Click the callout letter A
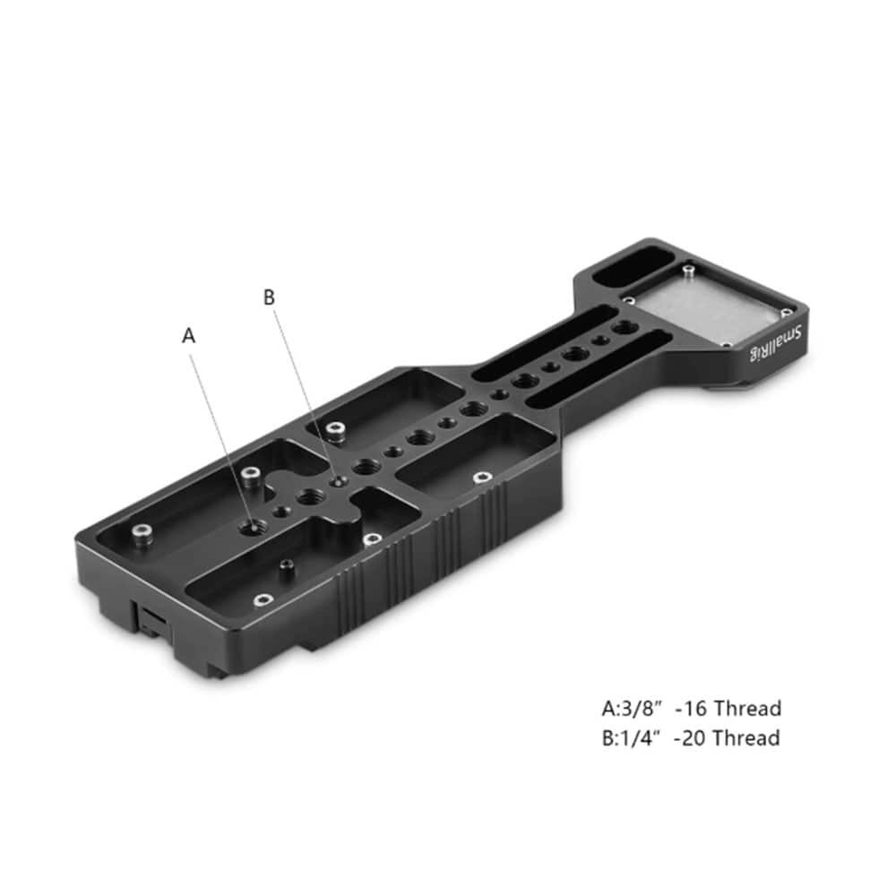coord(188,335)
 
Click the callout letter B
coord(269,297)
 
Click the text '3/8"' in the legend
coord(640,709)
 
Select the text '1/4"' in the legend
coord(639,737)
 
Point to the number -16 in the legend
coord(692,709)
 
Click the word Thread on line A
coord(748,709)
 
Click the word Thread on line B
coord(747,737)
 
